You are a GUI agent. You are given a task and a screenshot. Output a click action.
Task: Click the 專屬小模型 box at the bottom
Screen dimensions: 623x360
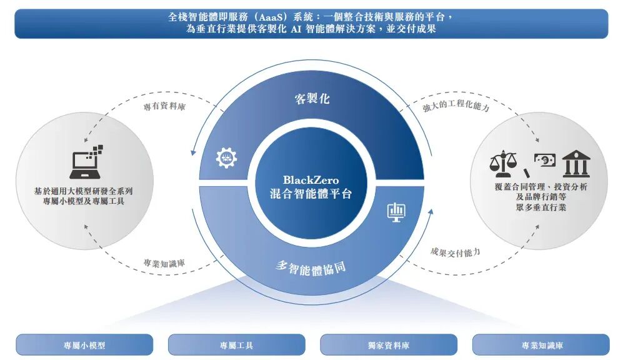click(x=84, y=345)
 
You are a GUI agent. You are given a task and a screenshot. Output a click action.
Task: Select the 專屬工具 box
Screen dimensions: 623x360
click(x=236, y=345)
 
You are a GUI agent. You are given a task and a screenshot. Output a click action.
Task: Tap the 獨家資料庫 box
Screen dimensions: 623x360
click(x=388, y=345)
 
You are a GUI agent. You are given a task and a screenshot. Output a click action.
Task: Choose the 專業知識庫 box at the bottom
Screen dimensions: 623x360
click(x=541, y=345)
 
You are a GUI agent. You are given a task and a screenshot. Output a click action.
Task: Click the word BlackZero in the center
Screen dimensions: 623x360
click(x=311, y=180)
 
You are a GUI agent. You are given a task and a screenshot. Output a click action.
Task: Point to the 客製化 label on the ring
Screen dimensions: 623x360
click(x=312, y=99)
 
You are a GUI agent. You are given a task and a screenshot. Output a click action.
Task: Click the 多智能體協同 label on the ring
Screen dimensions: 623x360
click(x=311, y=267)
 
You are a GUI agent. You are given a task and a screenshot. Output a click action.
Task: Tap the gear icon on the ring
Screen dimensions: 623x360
click(x=226, y=158)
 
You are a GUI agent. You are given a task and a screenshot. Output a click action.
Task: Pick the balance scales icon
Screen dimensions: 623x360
click(x=503, y=164)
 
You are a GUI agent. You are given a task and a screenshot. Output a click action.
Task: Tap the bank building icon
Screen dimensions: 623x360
click(x=576, y=164)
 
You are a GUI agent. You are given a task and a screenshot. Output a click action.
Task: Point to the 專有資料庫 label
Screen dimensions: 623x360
click(x=164, y=107)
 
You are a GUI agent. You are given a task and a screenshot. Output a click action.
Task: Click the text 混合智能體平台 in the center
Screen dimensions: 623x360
click(x=311, y=194)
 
